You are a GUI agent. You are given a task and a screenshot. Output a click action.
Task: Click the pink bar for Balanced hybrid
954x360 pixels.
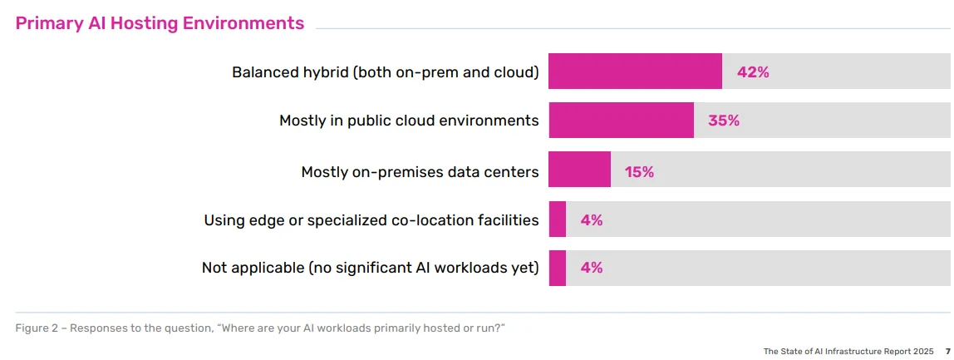(x=635, y=72)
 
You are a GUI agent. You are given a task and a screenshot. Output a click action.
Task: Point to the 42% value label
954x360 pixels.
(x=753, y=72)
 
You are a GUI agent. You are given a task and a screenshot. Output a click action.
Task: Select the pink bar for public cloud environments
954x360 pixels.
(x=621, y=121)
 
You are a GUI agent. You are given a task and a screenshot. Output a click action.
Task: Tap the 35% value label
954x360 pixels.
(x=724, y=121)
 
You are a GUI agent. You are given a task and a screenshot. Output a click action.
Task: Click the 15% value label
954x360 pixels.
(x=639, y=172)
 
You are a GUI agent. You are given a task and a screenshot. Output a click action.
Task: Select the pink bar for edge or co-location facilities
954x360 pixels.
(x=558, y=219)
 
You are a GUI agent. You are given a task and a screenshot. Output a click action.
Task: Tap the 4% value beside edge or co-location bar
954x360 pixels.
(x=592, y=220)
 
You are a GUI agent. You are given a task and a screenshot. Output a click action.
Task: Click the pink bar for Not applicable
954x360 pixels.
(x=558, y=268)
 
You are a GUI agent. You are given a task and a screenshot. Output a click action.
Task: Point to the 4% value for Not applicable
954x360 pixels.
(x=592, y=268)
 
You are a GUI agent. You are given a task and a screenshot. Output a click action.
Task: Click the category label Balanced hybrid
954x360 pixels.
(x=386, y=72)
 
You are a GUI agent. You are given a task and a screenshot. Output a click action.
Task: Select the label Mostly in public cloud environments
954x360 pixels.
(x=409, y=121)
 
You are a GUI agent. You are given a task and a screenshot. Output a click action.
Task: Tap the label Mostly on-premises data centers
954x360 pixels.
(x=420, y=172)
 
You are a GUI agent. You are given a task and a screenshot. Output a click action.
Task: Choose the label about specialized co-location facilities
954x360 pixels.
(x=371, y=220)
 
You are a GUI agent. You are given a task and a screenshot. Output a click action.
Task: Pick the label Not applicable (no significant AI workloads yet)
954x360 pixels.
(x=371, y=268)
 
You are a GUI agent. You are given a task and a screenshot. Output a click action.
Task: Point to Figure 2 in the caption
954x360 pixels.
(x=37, y=328)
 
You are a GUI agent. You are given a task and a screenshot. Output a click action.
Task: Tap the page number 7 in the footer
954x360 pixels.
(x=947, y=351)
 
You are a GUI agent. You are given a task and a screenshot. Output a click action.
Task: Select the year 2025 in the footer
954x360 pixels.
(x=923, y=351)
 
